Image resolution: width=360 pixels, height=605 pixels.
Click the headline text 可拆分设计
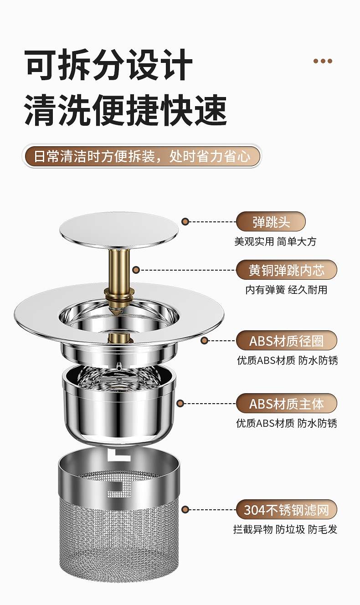point(109,65)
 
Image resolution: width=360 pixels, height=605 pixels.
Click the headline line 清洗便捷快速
point(125,110)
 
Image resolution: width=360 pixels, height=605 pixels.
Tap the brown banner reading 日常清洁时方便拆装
point(142,156)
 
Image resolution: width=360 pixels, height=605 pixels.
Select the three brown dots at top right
point(323,61)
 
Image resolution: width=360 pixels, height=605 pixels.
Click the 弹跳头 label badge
point(271,222)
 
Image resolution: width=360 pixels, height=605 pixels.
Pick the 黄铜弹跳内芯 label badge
point(287,270)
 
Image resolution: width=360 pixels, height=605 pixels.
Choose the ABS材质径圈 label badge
point(287,341)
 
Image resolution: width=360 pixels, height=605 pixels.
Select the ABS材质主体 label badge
point(287,404)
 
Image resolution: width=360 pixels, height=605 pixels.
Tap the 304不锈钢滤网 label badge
point(287,509)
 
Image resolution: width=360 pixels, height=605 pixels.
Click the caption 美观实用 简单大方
point(275,241)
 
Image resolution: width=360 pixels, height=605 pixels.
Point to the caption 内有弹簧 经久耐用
point(286,290)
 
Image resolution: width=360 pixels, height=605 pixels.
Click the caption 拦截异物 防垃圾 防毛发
point(285,529)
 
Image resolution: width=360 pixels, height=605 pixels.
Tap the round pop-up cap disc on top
point(118,229)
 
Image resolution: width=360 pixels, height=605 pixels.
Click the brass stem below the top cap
point(118,269)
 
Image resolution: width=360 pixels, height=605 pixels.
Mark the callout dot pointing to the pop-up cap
point(185,222)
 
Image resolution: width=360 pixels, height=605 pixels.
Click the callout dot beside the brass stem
point(136,270)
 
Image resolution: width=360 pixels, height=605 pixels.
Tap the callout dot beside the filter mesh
point(185,509)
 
